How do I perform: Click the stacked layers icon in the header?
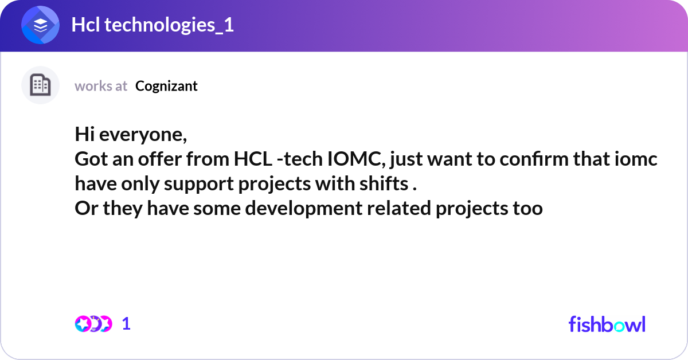coord(40,26)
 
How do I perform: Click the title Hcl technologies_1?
coord(152,26)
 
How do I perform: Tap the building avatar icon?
coord(40,85)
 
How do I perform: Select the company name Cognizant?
coord(166,86)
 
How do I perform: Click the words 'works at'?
coord(101,86)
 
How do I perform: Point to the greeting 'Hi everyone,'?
coord(131,135)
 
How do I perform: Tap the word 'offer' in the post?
coord(164,160)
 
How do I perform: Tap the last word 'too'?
coord(526,209)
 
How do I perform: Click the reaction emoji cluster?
coord(93,324)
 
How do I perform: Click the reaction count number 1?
coord(126,324)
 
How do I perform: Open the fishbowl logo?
coord(607,324)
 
